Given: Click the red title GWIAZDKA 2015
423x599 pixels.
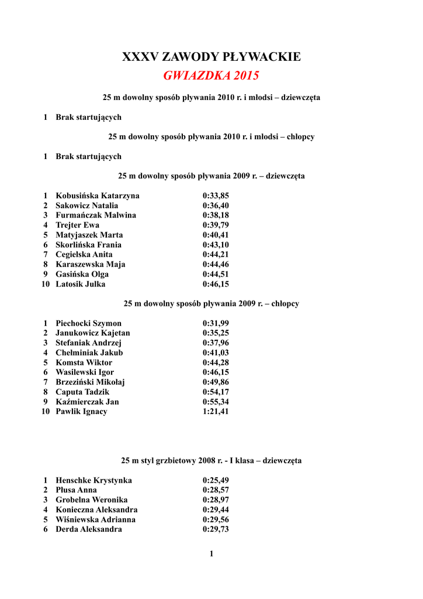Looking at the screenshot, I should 211,76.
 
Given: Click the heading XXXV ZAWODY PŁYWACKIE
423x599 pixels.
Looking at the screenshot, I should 211,57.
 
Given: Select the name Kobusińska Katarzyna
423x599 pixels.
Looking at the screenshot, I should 98,195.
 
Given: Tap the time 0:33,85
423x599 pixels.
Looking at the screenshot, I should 216,195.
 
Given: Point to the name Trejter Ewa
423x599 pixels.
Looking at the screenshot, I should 77,225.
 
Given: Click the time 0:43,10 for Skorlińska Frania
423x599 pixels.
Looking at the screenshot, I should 216,245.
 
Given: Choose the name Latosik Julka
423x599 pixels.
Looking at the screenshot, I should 81,284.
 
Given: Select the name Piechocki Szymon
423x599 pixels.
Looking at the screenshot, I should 88,323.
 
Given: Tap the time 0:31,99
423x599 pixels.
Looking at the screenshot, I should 216,323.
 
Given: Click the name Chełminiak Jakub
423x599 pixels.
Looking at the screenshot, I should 89,353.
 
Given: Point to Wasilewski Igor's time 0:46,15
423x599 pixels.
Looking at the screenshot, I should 216,372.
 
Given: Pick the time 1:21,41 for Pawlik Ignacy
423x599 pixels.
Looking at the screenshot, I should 216,412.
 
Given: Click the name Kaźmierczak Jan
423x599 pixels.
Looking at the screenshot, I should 87,402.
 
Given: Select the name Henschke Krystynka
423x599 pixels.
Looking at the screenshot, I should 93,480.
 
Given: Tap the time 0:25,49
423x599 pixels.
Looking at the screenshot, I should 216,480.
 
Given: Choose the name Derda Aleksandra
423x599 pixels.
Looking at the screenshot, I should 89,529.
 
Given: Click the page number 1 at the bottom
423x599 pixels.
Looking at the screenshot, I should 211,554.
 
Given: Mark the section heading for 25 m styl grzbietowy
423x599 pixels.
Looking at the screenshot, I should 211,460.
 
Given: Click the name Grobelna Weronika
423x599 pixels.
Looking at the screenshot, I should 92,500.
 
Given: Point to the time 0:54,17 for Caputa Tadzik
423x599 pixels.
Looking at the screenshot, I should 216,392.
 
